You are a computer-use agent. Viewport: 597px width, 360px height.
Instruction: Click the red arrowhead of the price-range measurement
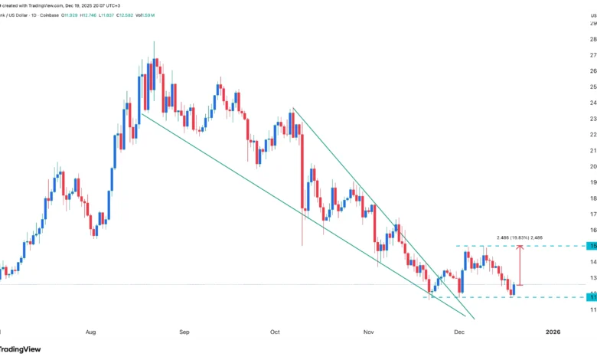520,248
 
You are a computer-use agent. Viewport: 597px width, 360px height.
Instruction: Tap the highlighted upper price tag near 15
592,246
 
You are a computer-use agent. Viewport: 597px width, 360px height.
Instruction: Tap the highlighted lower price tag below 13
592,296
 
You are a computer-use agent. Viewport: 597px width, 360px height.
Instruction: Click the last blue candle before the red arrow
514,290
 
